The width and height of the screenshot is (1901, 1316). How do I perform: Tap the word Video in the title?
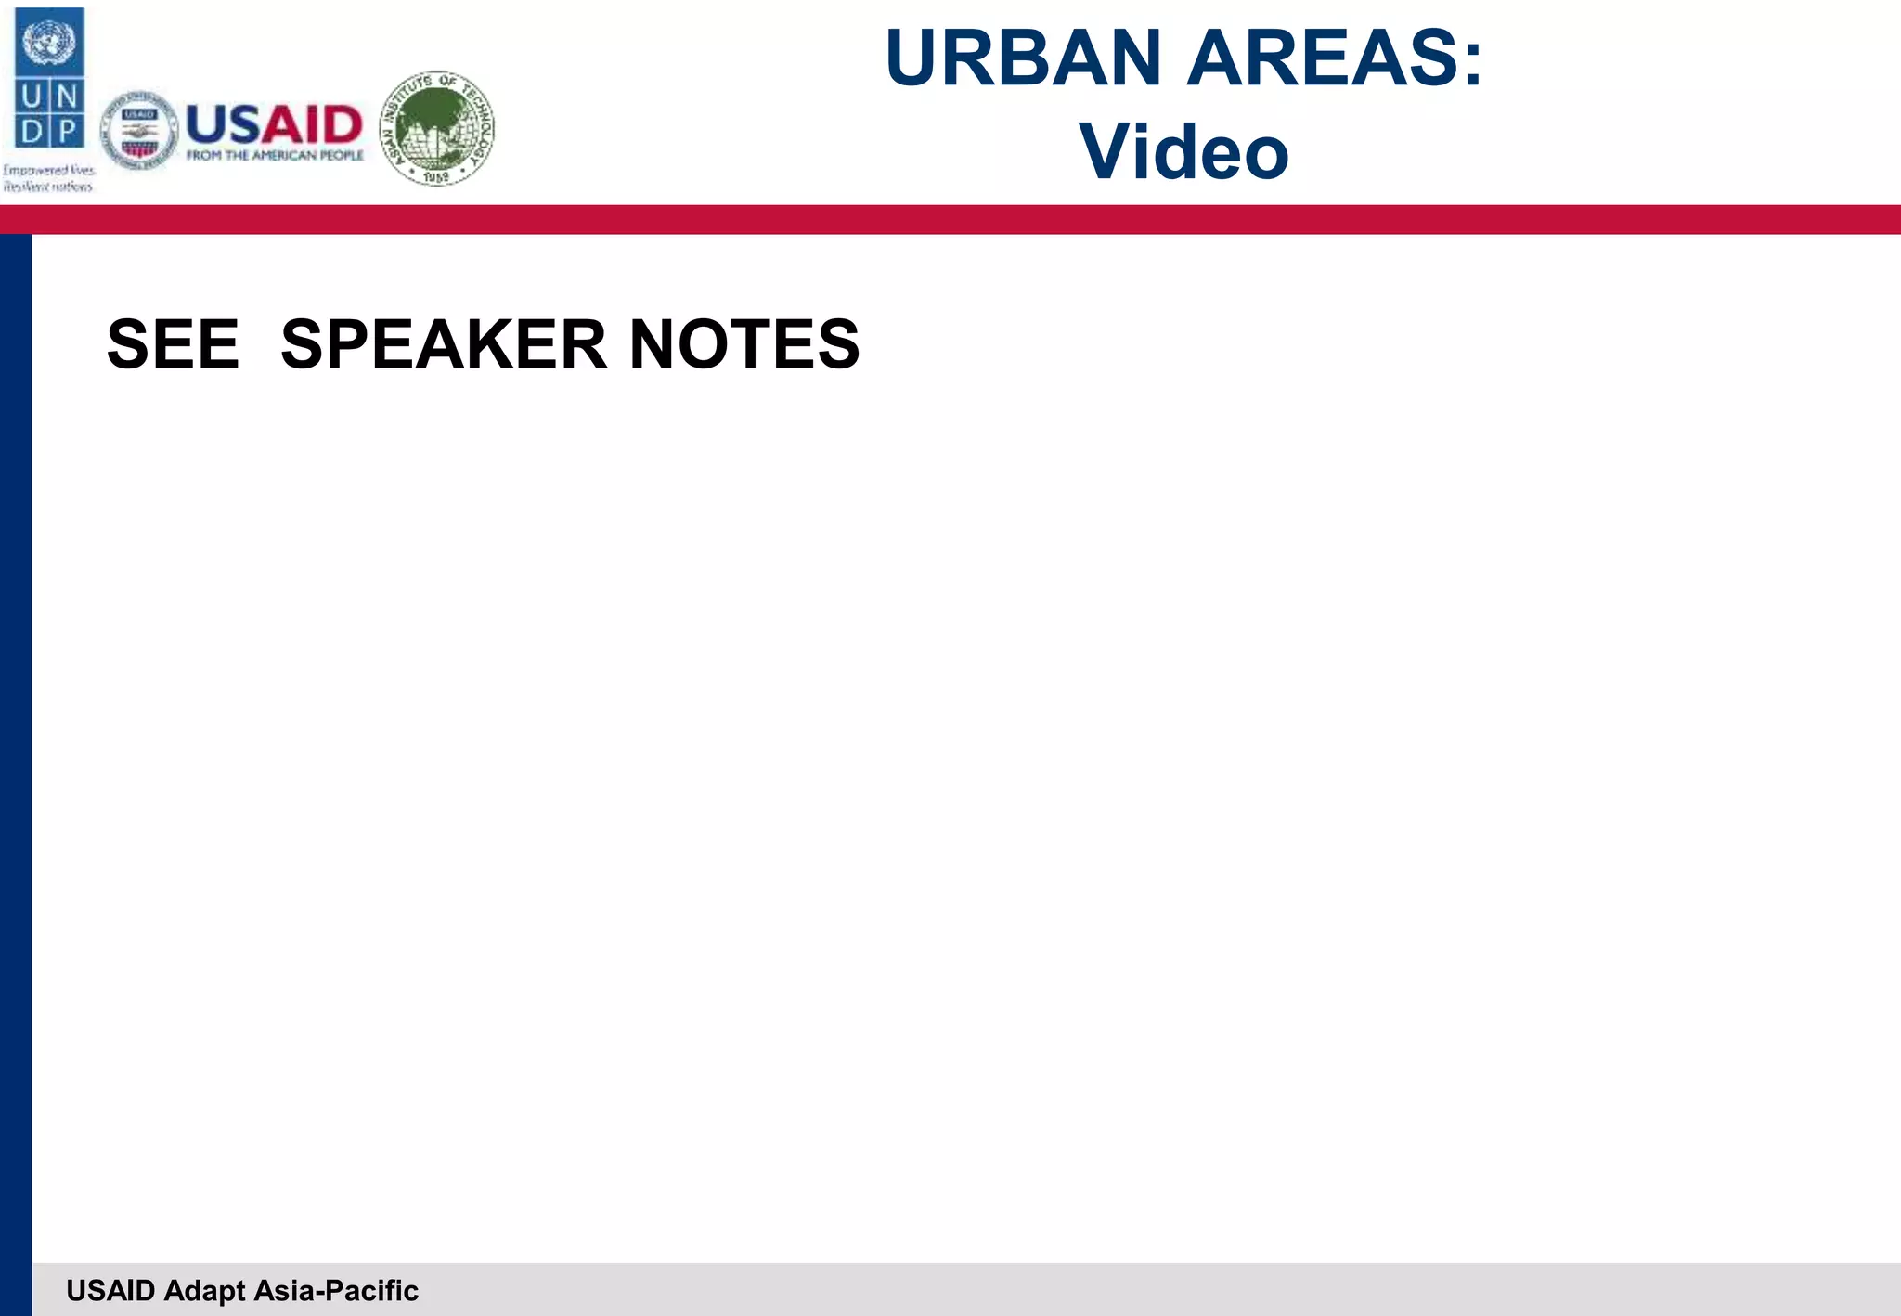pos(1183,151)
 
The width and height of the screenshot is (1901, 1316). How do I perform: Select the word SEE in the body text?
pos(174,344)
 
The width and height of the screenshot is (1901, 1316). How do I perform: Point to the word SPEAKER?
pos(443,344)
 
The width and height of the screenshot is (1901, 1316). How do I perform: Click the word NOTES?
pos(744,344)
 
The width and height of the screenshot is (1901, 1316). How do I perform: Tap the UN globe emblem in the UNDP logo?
pos(48,42)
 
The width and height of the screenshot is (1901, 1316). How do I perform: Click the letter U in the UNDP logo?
pos(32,97)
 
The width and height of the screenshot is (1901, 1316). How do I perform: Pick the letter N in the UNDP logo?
pos(67,97)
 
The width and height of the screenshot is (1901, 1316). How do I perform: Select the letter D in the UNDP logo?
pos(32,131)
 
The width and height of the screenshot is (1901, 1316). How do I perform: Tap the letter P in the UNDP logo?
pos(67,131)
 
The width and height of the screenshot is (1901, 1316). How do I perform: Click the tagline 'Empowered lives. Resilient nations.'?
pos(48,178)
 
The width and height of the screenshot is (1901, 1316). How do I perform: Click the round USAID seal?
pos(139,131)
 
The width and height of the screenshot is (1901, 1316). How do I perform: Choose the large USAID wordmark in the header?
pos(274,123)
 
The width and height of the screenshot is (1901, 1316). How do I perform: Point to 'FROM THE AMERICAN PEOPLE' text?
pos(275,155)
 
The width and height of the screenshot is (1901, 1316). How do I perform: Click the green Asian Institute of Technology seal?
pos(437,128)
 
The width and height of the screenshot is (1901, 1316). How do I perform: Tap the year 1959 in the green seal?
pos(436,175)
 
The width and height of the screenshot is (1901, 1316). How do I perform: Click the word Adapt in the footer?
pos(204,1290)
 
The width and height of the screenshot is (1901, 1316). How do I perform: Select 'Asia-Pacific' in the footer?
pos(336,1290)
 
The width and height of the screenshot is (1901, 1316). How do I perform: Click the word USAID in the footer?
pos(110,1290)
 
